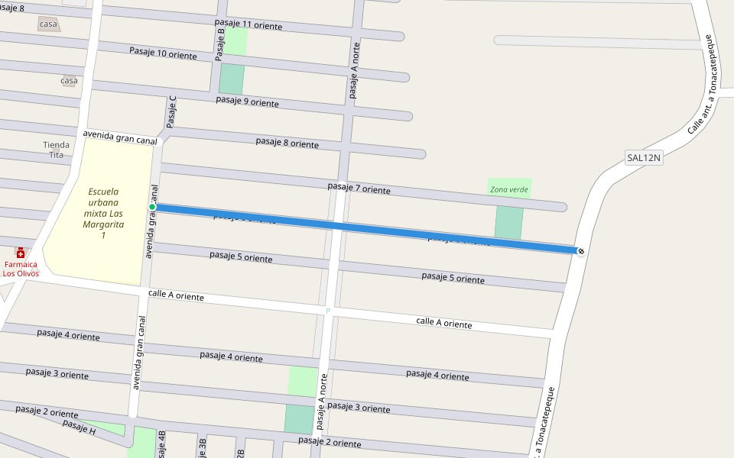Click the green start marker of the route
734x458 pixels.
point(152,207)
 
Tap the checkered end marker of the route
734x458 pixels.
point(581,251)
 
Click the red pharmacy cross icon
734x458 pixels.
point(21,253)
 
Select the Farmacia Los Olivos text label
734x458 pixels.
point(21,269)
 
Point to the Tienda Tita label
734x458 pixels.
point(56,150)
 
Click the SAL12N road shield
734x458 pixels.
point(643,158)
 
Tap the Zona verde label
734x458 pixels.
point(509,189)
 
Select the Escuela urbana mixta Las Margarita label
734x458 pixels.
point(103,213)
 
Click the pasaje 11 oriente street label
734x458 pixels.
point(248,24)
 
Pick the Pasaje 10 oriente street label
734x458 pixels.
point(163,53)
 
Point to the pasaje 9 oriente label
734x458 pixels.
point(247,102)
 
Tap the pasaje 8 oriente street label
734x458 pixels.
point(287,143)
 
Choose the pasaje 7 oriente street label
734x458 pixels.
point(359,188)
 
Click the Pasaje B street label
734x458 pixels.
point(220,44)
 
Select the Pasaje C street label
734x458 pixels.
point(172,111)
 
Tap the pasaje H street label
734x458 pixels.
point(79,427)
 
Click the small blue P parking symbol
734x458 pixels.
point(328,311)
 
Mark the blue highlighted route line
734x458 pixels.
point(367,228)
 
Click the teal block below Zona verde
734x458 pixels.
point(508,222)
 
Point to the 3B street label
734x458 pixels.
point(202,447)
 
